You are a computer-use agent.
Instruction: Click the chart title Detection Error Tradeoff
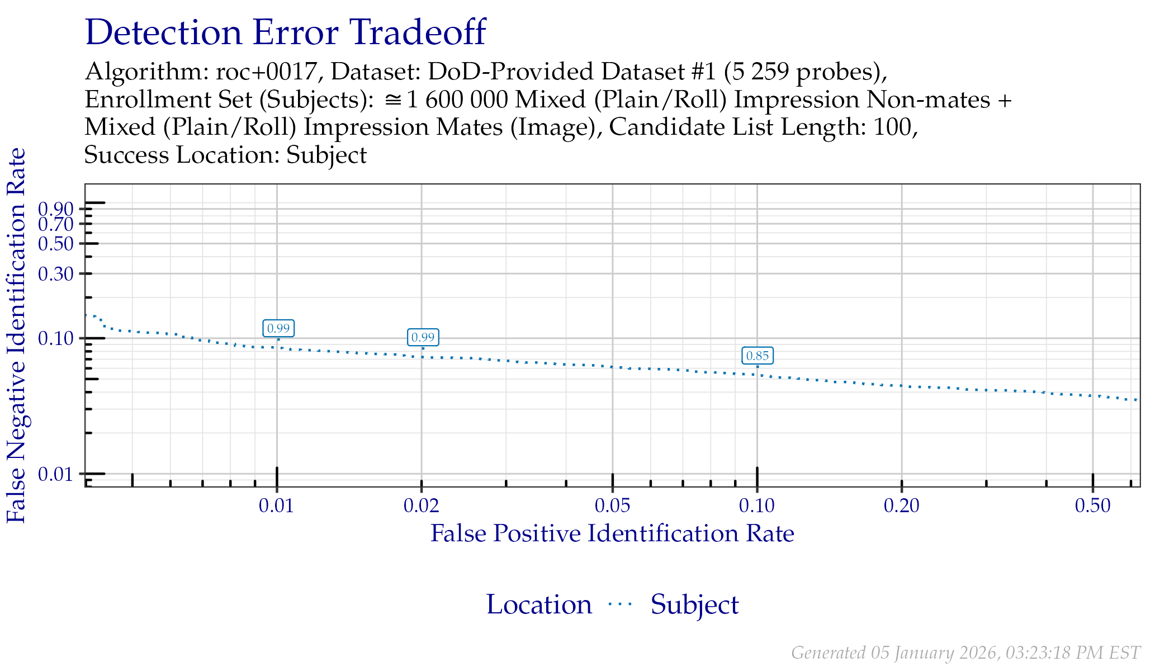coord(285,32)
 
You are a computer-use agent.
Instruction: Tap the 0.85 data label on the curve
coord(758,356)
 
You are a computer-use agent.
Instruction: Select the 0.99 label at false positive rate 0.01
coord(278,328)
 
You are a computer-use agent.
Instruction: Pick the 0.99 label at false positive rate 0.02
coord(423,337)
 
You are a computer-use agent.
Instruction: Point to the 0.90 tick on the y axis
coord(56,209)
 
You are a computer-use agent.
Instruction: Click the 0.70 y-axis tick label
coord(56,225)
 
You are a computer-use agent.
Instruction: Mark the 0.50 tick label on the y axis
coord(56,244)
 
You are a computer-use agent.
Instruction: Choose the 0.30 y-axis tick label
coord(56,274)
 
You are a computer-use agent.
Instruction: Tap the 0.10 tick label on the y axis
coord(56,338)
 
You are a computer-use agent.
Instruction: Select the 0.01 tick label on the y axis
coord(56,474)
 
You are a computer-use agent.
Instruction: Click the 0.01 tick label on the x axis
coord(276,506)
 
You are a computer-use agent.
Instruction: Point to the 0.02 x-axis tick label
coord(422,506)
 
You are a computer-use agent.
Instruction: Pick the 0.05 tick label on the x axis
coord(613,506)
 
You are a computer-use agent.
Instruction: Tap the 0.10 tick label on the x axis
coord(757,506)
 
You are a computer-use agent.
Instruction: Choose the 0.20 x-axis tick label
coord(902,506)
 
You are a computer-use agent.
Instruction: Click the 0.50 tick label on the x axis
coord(1093,506)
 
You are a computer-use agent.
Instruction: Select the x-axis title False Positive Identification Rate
coord(612,533)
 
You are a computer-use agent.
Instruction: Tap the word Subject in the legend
coord(694,605)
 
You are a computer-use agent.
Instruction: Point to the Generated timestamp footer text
coord(965,653)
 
